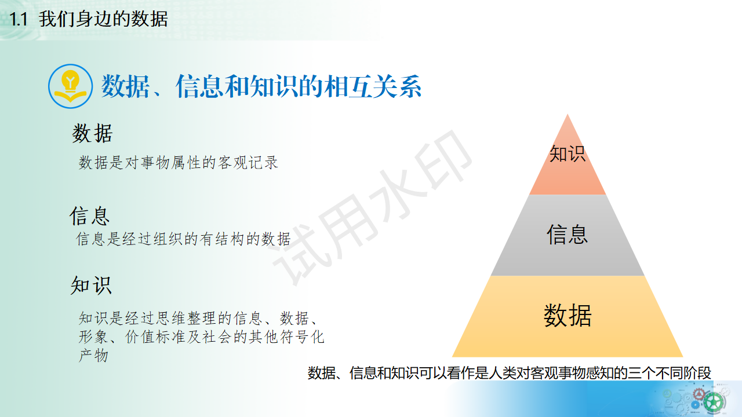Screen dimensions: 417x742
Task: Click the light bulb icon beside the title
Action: [x=70, y=86]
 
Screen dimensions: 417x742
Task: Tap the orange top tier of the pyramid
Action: [x=567, y=174]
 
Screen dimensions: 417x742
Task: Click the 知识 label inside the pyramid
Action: [x=567, y=153]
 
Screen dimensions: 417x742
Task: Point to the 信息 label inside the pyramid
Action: [x=567, y=235]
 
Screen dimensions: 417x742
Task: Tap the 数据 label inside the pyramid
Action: [x=567, y=316]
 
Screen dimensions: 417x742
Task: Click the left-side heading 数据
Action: [x=92, y=134]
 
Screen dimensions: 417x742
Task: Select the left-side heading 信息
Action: [x=90, y=215]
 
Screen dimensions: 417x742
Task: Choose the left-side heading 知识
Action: [x=91, y=286]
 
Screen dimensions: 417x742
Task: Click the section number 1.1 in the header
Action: [x=19, y=20]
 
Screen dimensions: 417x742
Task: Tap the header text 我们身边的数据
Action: [x=103, y=20]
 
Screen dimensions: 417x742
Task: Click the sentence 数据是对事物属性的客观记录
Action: [x=179, y=163]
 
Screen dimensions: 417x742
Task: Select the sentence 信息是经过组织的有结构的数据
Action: [x=183, y=239]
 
